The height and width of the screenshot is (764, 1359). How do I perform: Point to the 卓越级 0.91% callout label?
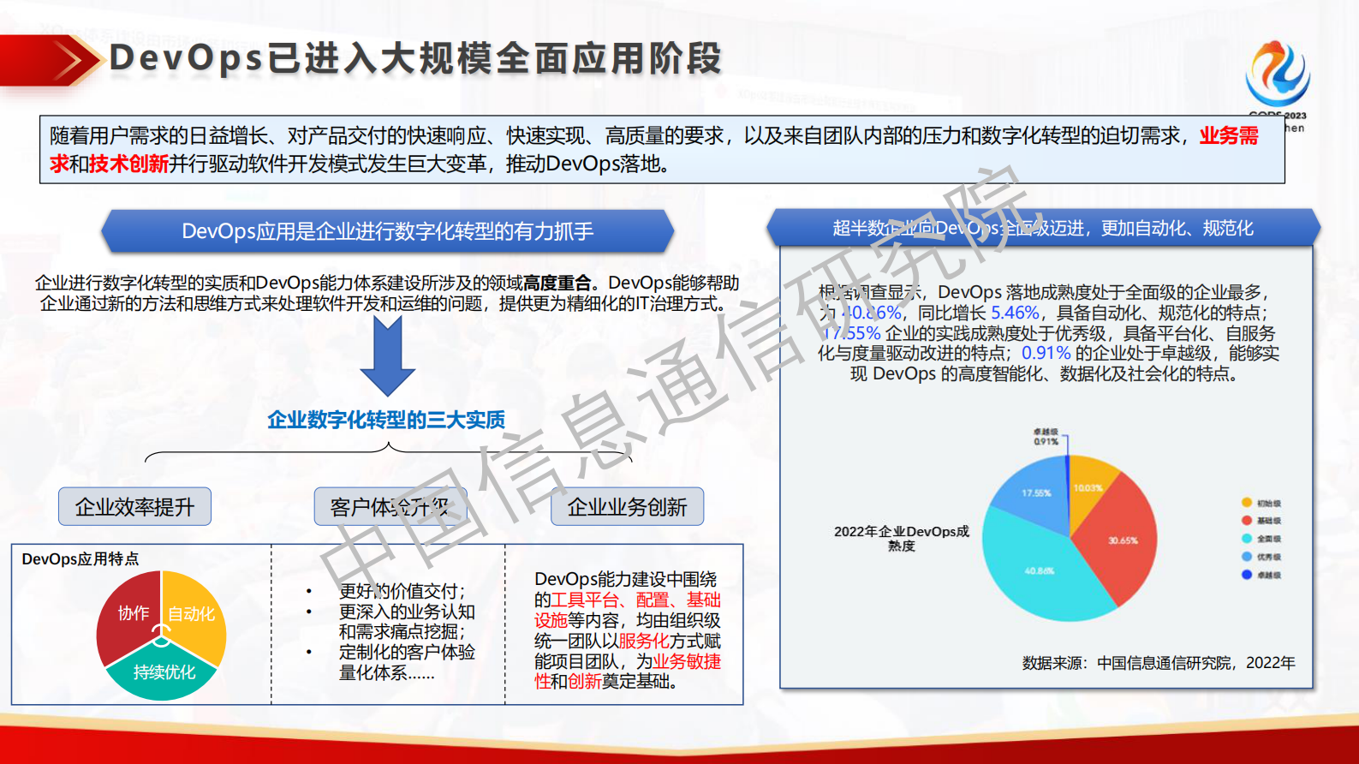point(1046,437)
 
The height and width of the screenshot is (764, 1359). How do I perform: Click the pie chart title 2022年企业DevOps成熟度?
point(901,538)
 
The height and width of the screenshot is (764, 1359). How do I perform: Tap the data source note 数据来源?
point(1158,663)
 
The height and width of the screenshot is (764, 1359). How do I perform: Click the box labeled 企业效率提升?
point(134,507)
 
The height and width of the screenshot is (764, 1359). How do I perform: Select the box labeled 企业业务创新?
point(627,507)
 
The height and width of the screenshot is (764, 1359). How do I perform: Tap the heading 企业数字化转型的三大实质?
point(386,420)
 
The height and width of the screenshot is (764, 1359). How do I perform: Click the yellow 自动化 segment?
point(195,613)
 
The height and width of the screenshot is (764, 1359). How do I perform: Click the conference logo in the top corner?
point(1277,75)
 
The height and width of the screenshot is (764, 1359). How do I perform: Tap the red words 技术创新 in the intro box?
point(128,164)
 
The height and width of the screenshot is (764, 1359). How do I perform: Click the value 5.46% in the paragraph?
point(1014,313)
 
